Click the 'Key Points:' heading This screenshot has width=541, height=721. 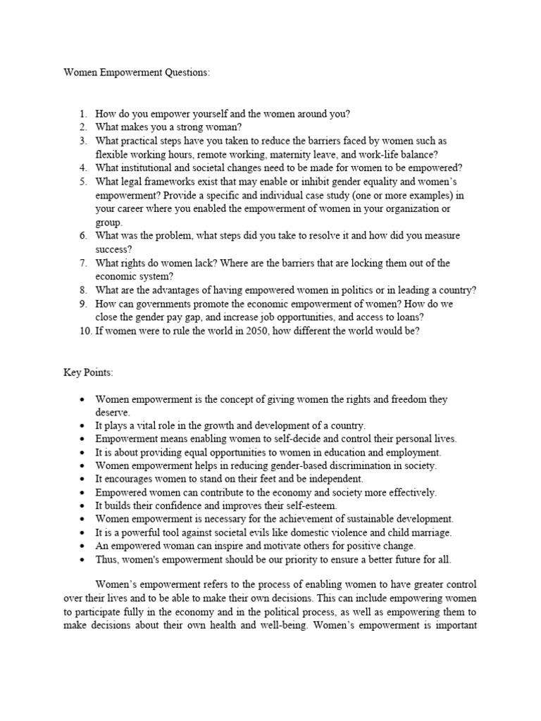pyautogui.click(x=88, y=372)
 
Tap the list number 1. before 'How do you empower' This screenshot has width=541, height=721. pyautogui.click(x=82, y=113)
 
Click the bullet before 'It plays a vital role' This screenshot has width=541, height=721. pyautogui.click(x=83, y=426)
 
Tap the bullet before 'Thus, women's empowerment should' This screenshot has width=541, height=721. pyautogui.click(x=83, y=560)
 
